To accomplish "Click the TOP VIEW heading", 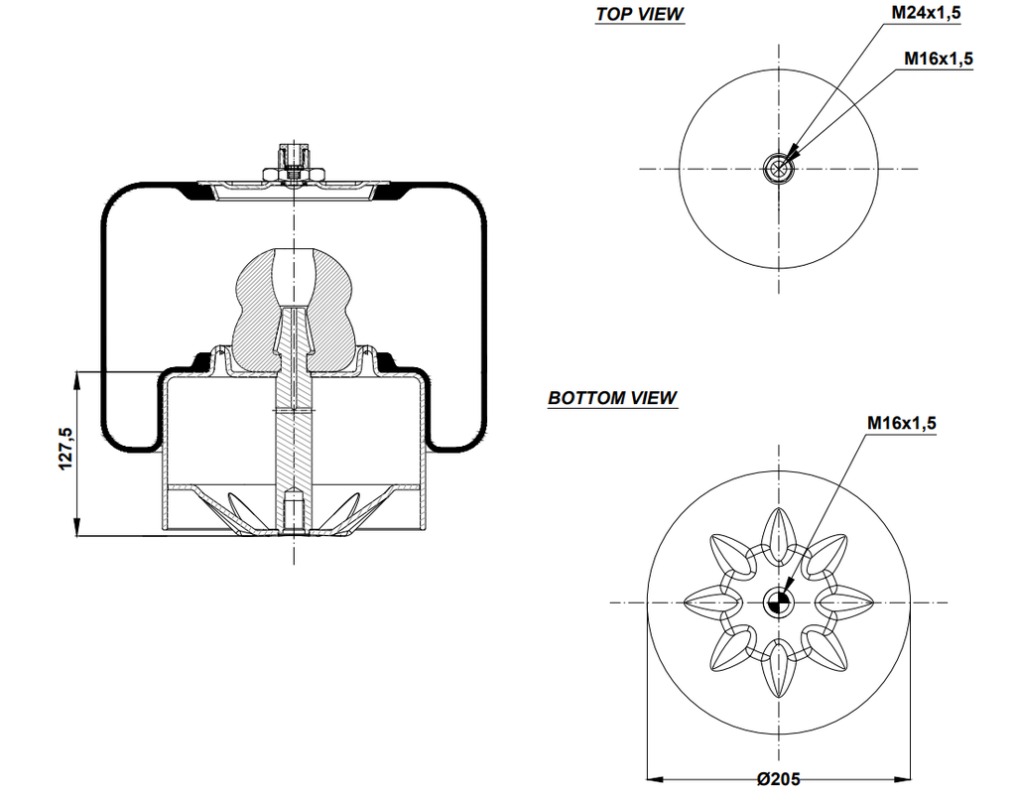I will [x=640, y=14].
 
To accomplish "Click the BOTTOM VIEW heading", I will [x=612, y=398].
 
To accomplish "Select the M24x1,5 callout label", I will [x=925, y=13].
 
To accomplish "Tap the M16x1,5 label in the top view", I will [x=938, y=59].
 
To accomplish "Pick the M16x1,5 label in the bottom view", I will [x=901, y=424].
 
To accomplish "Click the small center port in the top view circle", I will [x=779, y=169].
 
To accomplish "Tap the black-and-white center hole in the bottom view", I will [x=778, y=601].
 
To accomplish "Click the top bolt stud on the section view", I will [x=295, y=159].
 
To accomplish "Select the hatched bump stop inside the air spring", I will [x=295, y=298].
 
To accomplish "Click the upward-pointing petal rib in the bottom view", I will [x=778, y=531].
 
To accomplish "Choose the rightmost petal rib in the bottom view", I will [x=848, y=601].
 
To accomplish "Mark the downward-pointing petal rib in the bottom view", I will [x=778, y=672].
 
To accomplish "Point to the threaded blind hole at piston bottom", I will [x=295, y=511].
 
